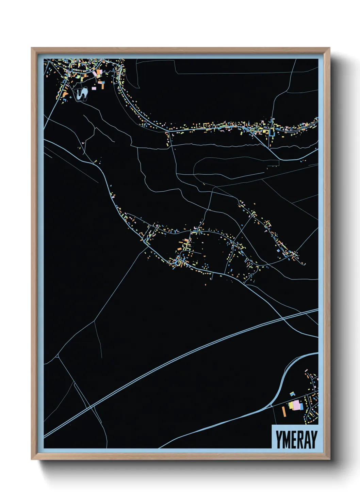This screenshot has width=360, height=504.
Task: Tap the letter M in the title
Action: tap(285, 440)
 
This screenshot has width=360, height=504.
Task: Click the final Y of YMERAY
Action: tap(313, 440)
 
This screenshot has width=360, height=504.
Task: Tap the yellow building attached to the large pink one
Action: tap(291, 405)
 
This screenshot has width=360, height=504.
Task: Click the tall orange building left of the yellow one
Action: tap(284, 411)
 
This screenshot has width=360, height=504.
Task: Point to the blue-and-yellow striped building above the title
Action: tap(292, 394)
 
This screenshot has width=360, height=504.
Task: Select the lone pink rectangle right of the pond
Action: tap(94, 88)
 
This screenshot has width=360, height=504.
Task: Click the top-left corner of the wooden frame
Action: tap(32, 48)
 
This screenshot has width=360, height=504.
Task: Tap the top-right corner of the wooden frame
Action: tap(329, 48)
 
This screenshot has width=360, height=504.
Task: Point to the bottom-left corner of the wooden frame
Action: tap(32, 459)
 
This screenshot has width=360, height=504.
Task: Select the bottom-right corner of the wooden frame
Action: tap(329, 459)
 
